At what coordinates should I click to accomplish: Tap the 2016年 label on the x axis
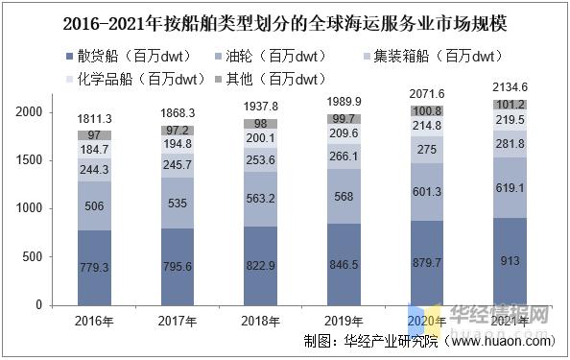click(94, 320)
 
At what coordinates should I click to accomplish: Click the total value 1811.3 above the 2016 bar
click(94, 119)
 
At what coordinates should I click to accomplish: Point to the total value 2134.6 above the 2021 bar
click(510, 88)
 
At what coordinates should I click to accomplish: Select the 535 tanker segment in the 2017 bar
click(178, 204)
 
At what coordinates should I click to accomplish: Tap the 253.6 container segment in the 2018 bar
click(261, 160)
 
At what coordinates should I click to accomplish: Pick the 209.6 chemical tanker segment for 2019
click(344, 133)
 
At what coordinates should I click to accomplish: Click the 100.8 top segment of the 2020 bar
click(427, 111)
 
